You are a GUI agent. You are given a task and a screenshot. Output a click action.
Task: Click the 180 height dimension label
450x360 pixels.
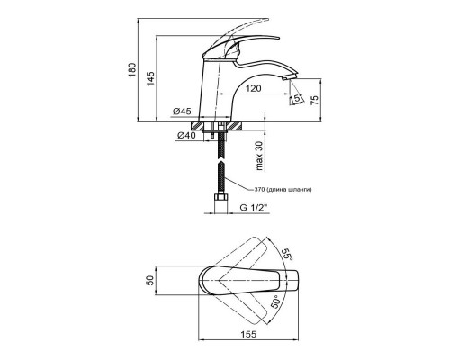coord(132,70)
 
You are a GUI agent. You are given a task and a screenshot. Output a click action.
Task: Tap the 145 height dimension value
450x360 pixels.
coord(150,78)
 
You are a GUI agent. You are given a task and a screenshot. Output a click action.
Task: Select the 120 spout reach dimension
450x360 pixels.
coord(254,88)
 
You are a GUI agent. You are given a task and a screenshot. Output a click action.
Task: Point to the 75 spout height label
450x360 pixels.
coord(314,100)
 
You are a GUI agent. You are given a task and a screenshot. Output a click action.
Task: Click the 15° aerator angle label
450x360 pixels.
coord(296,99)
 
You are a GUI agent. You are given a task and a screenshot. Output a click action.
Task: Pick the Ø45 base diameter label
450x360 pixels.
coord(182,112)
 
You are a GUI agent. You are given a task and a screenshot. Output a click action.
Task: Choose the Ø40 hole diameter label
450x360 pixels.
coord(186,136)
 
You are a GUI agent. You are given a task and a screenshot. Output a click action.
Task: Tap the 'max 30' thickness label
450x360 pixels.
coord(259,156)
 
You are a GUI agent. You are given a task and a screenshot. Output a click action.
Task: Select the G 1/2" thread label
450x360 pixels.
coord(254,208)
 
